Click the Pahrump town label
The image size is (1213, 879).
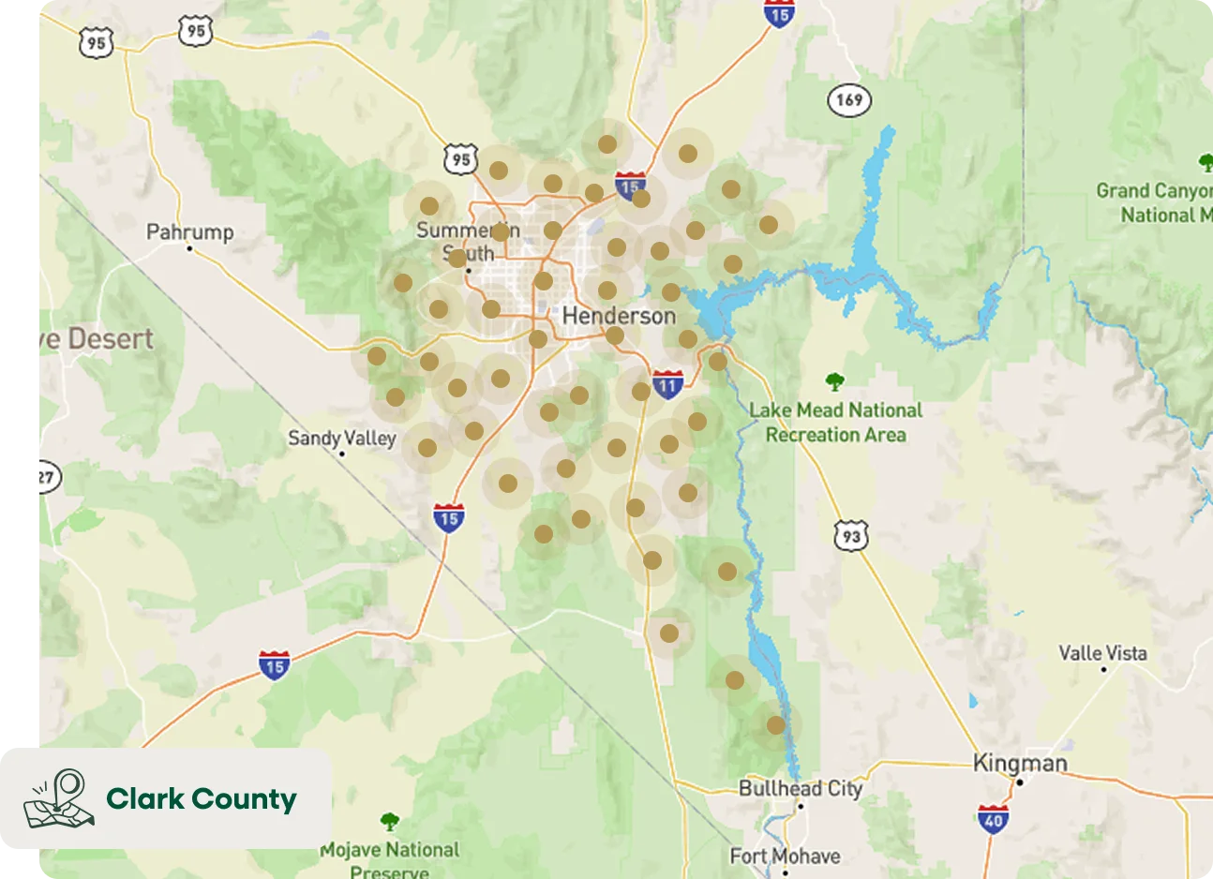(x=189, y=231)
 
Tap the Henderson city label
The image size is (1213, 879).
(x=619, y=316)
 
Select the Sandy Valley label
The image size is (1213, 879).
(x=341, y=438)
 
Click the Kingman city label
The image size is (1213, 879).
(x=1020, y=763)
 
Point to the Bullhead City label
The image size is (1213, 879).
(x=800, y=788)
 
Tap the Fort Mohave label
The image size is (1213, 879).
(x=785, y=856)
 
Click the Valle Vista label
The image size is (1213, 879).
(x=1102, y=652)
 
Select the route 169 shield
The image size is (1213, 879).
(x=849, y=99)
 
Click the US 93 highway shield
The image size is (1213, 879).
(x=850, y=536)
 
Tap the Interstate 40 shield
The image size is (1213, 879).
(x=992, y=820)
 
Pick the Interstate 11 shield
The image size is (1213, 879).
(x=667, y=384)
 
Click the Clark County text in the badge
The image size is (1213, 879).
(x=201, y=799)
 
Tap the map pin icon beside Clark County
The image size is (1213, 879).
(x=59, y=799)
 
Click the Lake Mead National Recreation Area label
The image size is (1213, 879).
(x=835, y=423)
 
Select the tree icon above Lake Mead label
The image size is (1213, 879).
(x=834, y=381)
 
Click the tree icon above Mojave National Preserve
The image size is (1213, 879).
(x=389, y=822)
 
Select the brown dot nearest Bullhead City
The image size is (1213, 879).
(x=775, y=724)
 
